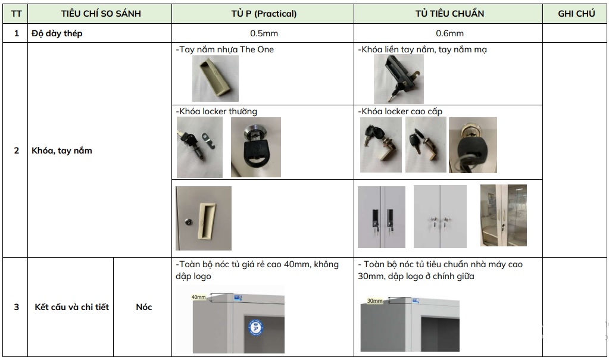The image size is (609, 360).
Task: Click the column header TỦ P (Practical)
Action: coord(263,14)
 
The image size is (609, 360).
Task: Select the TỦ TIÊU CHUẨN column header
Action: coord(449,14)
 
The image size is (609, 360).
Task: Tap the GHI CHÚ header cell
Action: coord(576,14)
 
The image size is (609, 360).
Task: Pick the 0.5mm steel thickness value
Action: coord(263,33)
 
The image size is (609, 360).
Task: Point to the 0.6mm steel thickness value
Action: coord(449,33)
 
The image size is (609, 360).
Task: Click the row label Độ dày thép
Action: coord(57,33)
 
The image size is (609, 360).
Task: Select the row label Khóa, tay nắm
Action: coord(62,151)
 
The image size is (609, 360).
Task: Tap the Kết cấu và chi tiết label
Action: coord(72,307)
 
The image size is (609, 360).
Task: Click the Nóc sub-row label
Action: coord(143,307)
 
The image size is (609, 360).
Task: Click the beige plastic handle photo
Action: coord(216,79)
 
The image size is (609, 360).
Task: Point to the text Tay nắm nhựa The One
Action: coord(226,49)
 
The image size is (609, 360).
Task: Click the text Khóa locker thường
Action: coord(217,111)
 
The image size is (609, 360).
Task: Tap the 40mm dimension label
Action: coord(198,297)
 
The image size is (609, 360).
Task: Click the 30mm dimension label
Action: coord(374,301)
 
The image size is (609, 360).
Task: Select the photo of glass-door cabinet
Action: coord(503,215)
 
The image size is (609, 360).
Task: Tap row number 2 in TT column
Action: coord(16,151)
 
